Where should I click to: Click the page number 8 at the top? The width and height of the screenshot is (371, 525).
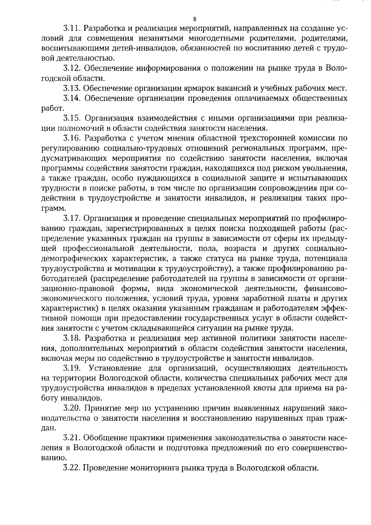tap(194, 19)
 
